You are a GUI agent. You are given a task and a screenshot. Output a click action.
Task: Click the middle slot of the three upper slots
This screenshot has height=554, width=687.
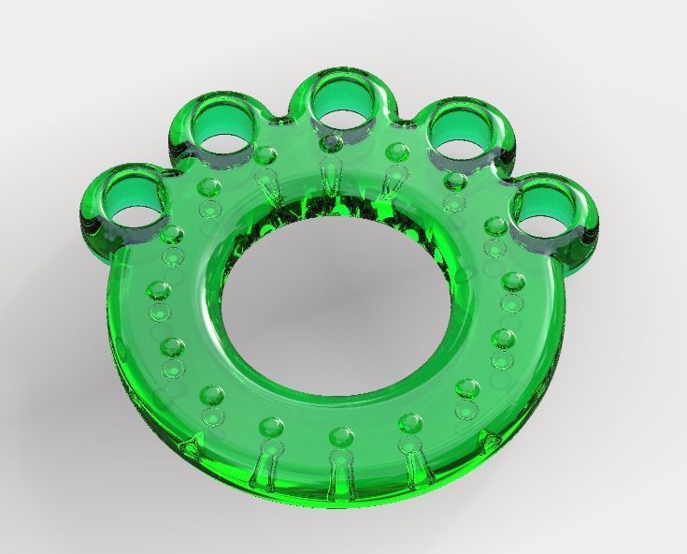pos(329,177)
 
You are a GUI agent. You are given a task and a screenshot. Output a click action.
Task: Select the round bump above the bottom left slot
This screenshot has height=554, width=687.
pos(272,427)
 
